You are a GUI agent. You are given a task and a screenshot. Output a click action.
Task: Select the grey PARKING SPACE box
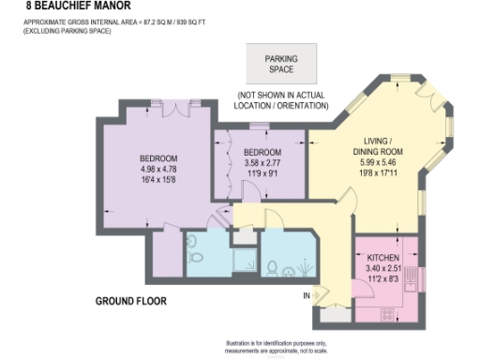(280, 64)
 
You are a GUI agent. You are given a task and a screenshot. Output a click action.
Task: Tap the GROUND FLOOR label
(131, 301)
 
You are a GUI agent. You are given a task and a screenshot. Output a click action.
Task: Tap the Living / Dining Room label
(378, 145)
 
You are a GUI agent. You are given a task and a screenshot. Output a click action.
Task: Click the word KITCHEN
(384, 257)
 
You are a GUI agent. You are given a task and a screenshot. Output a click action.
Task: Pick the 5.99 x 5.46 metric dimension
(378, 163)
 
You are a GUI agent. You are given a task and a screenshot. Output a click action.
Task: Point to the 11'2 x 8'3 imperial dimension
(384, 278)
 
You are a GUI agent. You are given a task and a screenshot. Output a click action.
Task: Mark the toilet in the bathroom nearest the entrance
(272, 267)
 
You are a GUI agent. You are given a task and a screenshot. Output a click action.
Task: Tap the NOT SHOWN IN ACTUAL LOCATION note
(282, 100)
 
